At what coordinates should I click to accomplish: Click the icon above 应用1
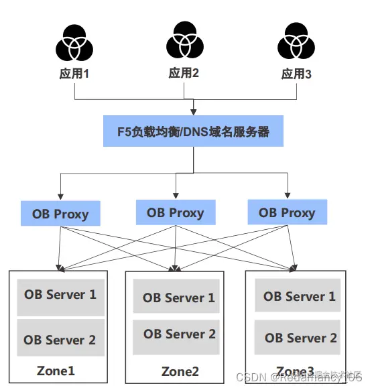click(x=74, y=44)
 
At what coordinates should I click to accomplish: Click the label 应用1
click(x=74, y=74)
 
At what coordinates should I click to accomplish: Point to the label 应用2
click(x=184, y=72)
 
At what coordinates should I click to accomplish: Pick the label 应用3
click(x=296, y=74)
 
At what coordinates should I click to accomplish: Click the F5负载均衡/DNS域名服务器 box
click(x=194, y=131)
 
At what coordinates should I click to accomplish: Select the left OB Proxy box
click(x=60, y=214)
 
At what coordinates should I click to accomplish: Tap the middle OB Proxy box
click(x=175, y=213)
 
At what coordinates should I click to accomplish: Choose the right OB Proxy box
click(x=287, y=213)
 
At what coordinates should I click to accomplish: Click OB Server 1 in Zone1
click(x=60, y=295)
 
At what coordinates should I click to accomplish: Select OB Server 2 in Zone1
click(x=60, y=339)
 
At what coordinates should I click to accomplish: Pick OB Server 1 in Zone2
click(x=178, y=298)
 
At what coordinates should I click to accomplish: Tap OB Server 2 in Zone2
click(x=178, y=334)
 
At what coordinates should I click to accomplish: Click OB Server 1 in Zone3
click(x=299, y=296)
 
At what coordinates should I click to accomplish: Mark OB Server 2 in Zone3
click(x=299, y=338)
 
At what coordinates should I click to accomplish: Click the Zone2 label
click(x=180, y=371)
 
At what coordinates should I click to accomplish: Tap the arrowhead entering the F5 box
click(x=194, y=112)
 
